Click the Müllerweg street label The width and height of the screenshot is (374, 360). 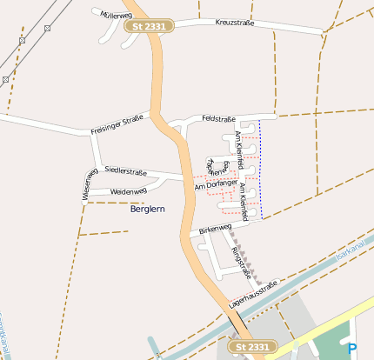[115, 15]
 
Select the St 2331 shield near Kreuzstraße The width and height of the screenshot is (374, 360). [150, 27]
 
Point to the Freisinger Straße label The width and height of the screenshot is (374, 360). [116, 125]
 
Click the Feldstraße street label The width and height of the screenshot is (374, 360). [218, 117]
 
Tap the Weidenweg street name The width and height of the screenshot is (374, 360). [126, 190]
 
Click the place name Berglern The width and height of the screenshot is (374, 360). [147, 210]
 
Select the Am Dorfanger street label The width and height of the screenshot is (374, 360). [216, 183]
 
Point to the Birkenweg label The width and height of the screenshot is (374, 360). [215, 230]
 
